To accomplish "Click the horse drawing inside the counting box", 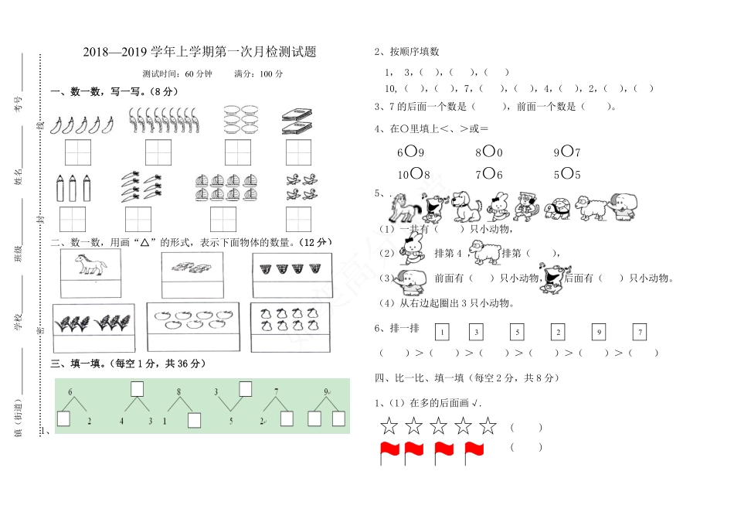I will (91, 266).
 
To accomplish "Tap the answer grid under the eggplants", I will (78, 152).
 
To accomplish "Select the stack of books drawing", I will (297, 120).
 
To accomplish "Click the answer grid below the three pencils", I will (72, 220).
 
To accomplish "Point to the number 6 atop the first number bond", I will (70, 392).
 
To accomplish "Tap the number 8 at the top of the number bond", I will (178, 392).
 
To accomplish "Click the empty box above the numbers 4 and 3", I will (137, 388).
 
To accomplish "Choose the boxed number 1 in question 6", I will (442, 333).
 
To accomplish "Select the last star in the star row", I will (488, 425).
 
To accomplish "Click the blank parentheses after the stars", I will (525, 426).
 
